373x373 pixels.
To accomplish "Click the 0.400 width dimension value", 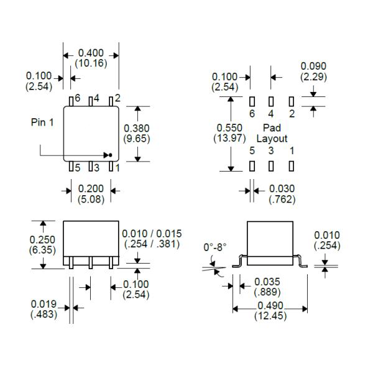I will pos(91,53).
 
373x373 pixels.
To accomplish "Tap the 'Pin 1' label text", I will pos(42,122).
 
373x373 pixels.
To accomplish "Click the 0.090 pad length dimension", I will pos(313,67).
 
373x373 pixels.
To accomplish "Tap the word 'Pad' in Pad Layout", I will pos(272,128).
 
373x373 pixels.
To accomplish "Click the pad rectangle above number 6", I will pos(252,101).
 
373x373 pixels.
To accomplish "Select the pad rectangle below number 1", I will pos(290,166).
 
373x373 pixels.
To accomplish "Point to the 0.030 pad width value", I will pos(282,188).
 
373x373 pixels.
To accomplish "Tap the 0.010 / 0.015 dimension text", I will pos(151,234).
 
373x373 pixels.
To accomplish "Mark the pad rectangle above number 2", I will pos(290,101).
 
